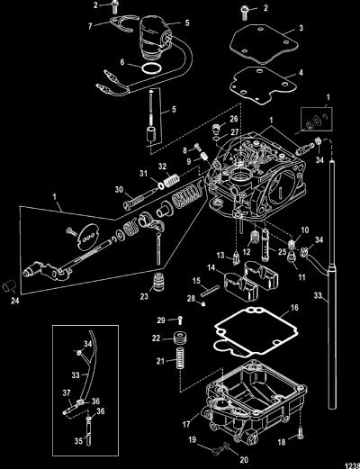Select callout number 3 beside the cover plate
pos(301,28)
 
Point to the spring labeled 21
pos(180,358)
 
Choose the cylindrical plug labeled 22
pos(179,338)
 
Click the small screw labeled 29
pos(179,320)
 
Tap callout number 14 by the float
pos(211,267)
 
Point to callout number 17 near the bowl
pos(186,424)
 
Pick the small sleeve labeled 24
pos(8,285)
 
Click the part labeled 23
pos(159,282)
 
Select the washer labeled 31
pos(161,186)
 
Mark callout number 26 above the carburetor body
pos(234,119)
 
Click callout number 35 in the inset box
pos(78,441)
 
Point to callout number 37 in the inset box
pos(67,393)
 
